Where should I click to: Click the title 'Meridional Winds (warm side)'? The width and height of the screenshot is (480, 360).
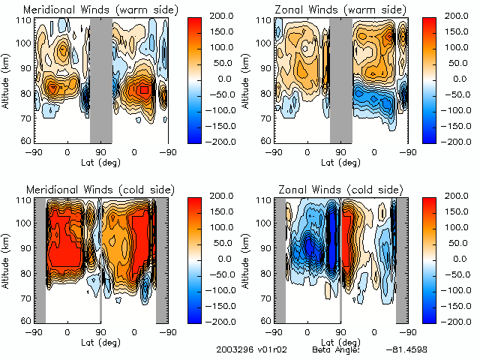(90, 10)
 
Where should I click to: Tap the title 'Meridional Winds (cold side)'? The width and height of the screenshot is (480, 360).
(89, 190)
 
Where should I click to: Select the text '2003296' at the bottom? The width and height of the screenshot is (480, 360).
(231, 349)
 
